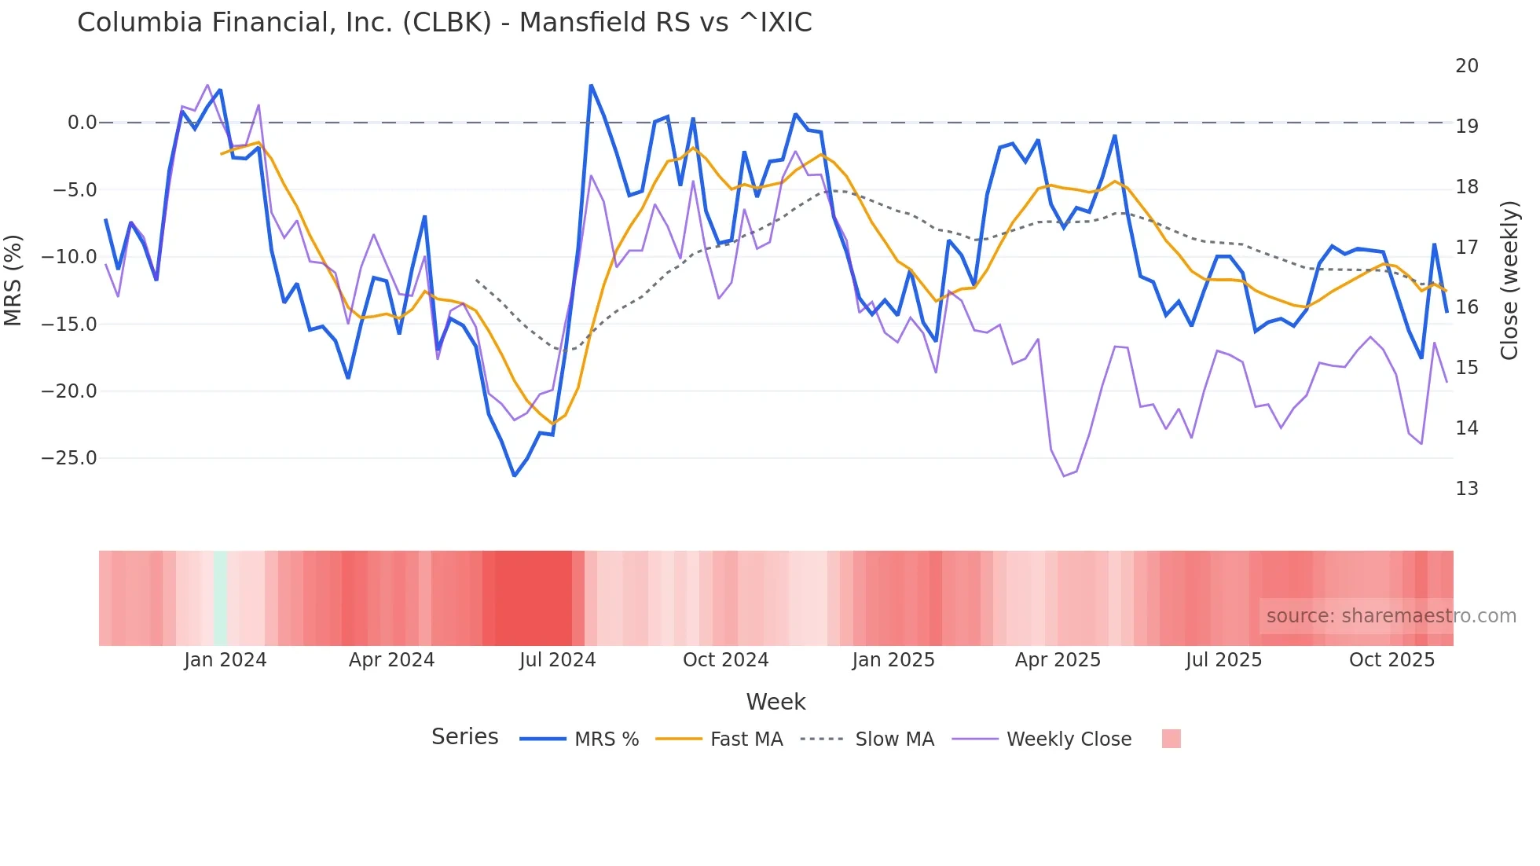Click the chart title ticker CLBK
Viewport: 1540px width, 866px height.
pyautogui.click(x=446, y=23)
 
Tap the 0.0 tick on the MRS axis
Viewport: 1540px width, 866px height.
pyautogui.click(x=82, y=123)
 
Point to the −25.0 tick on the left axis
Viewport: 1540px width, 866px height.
pyautogui.click(x=69, y=458)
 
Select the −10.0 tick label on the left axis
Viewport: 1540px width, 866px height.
pyautogui.click(x=69, y=257)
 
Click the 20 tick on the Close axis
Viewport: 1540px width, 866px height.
pyautogui.click(x=1466, y=66)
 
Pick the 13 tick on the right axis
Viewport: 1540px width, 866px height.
pyautogui.click(x=1466, y=489)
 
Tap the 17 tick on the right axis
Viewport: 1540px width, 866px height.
pyautogui.click(x=1466, y=248)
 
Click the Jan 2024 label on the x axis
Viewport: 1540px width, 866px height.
pyautogui.click(x=225, y=660)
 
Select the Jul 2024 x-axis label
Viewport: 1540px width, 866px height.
pyautogui.click(x=557, y=660)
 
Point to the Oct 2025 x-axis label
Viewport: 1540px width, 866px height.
pyautogui.click(x=1391, y=660)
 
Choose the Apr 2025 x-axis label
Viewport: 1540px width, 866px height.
pyautogui.click(x=1058, y=660)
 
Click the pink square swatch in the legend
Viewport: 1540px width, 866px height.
pyautogui.click(x=1171, y=739)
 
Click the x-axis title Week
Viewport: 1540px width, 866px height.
pyautogui.click(x=775, y=702)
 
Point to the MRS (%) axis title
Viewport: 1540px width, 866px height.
pyautogui.click(x=13, y=280)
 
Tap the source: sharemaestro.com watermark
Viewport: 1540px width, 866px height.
pyautogui.click(x=1391, y=616)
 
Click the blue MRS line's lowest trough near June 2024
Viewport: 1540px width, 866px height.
pyautogui.click(x=515, y=475)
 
